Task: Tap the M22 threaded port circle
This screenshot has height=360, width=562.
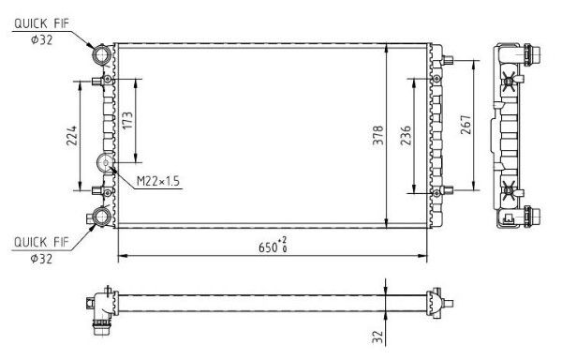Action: click(107, 163)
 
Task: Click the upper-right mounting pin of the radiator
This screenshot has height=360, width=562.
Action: click(447, 64)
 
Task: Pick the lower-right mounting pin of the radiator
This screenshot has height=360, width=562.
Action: click(447, 191)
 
